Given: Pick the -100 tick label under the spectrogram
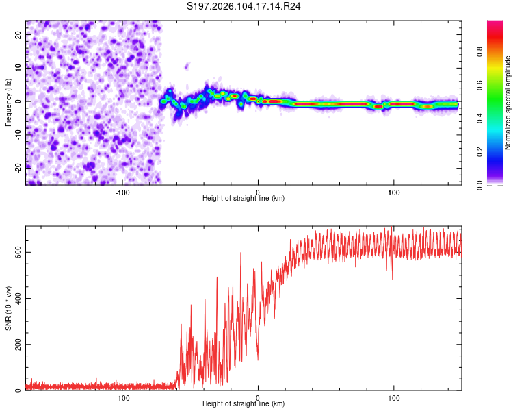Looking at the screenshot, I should [x=122, y=192].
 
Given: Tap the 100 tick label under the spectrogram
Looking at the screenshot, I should [x=393, y=192].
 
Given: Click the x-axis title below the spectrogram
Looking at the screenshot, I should [x=244, y=199].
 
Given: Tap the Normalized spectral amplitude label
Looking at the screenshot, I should [x=508, y=103].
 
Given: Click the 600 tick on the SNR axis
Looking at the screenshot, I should [x=17, y=252].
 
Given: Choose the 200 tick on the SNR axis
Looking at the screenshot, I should [x=17, y=344].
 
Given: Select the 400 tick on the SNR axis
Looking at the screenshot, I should [x=17, y=298].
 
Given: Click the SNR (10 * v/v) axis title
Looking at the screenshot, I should [x=8, y=308].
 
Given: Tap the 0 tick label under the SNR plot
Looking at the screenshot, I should [x=258, y=397].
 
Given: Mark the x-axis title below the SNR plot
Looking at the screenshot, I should [x=244, y=404].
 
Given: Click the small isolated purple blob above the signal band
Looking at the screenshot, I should [x=187, y=66].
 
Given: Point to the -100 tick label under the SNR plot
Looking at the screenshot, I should [x=122, y=397].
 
